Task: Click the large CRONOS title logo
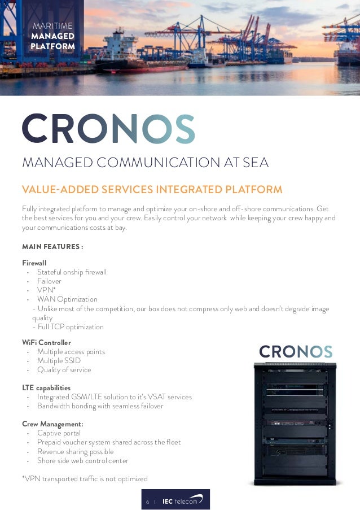click(x=108, y=129)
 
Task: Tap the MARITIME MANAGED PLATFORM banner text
click(x=54, y=36)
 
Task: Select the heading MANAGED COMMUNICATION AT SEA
click(x=145, y=163)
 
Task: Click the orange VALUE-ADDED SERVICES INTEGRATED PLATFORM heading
click(x=152, y=189)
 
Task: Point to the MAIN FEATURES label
click(x=52, y=247)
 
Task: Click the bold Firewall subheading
click(x=34, y=263)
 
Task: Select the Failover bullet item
click(x=49, y=281)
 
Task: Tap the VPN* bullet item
click(x=46, y=290)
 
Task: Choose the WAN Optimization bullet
click(x=67, y=299)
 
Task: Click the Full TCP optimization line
click(x=70, y=327)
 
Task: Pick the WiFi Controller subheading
click(x=46, y=342)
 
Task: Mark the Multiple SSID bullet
click(x=59, y=361)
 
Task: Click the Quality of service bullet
click(x=64, y=370)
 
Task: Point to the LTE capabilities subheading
click(x=46, y=387)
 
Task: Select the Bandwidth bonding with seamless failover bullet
click(x=100, y=406)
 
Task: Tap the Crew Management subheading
click(x=52, y=424)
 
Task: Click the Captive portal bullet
click(x=59, y=433)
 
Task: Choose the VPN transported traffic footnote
click(x=85, y=479)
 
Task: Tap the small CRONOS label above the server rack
click(x=295, y=352)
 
